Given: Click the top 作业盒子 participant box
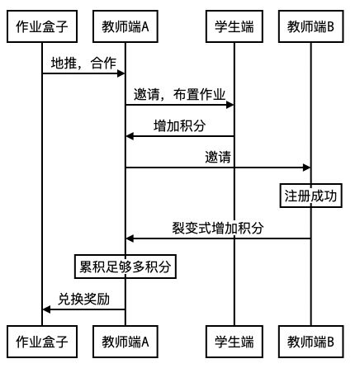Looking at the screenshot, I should [x=42, y=27].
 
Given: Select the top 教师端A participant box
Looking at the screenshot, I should [x=126, y=27].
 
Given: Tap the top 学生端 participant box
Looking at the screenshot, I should [x=234, y=27].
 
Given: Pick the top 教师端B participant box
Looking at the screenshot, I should [x=311, y=27].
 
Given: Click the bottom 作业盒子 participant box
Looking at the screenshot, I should [x=42, y=340].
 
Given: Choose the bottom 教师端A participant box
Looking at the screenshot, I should [x=126, y=340].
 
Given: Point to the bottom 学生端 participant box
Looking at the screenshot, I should [x=234, y=340].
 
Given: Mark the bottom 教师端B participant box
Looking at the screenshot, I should [x=311, y=340].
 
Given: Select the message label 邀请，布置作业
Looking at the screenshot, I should [x=180, y=94].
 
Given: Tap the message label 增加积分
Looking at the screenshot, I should [x=180, y=125].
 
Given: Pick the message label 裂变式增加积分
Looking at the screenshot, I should [x=218, y=228].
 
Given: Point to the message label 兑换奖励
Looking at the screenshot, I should [x=83, y=298].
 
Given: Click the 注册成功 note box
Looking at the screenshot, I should [x=311, y=196].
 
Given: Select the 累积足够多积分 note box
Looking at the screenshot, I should [x=126, y=267].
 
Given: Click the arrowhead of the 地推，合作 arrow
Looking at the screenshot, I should [x=121, y=73].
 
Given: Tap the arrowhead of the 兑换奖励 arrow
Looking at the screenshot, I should [x=47, y=309].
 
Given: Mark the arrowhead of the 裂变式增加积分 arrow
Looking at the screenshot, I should [x=130, y=238].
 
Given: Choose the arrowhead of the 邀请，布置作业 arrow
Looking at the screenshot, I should [x=230, y=105].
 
